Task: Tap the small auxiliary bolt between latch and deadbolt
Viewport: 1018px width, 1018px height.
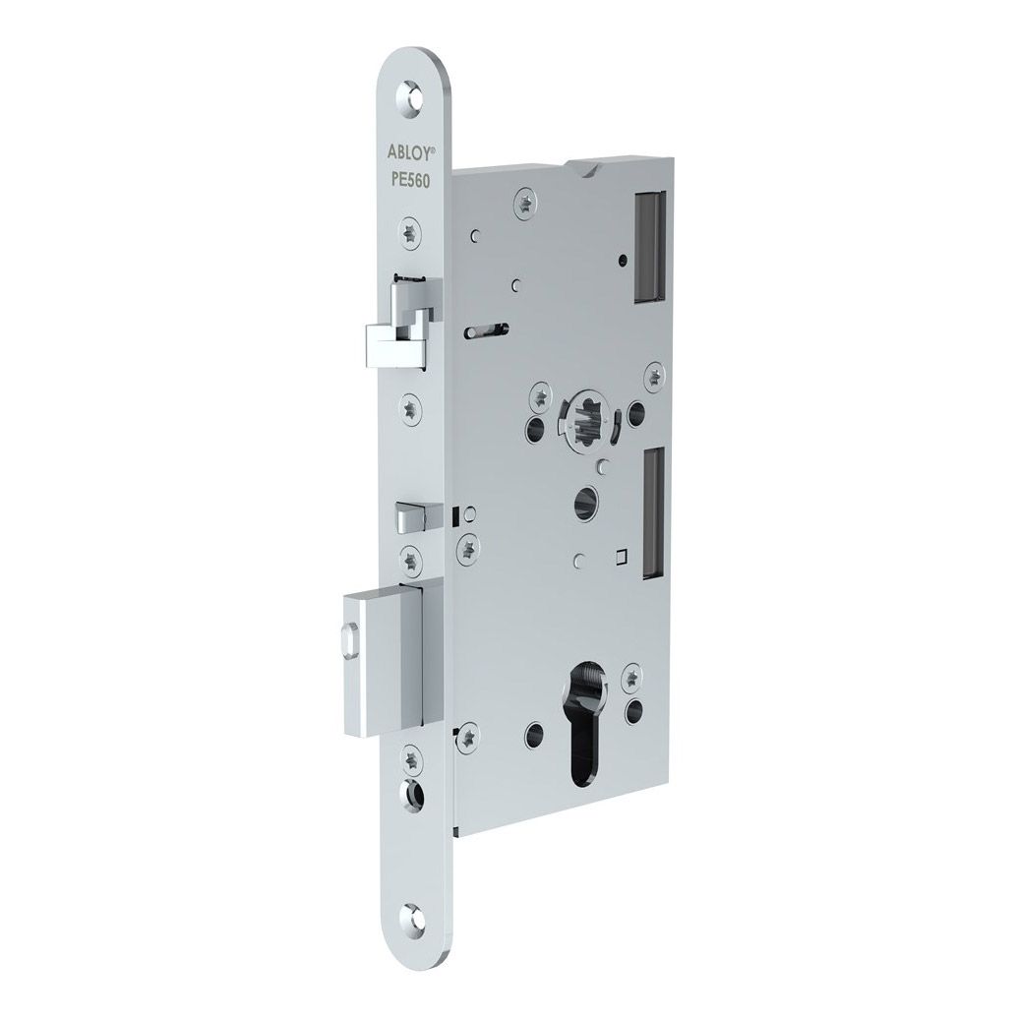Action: point(407,513)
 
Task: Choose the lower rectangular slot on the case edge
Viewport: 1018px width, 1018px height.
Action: point(650,511)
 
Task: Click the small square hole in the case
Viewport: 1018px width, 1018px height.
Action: point(620,558)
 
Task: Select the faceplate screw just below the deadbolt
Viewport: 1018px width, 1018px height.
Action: point(411,758)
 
